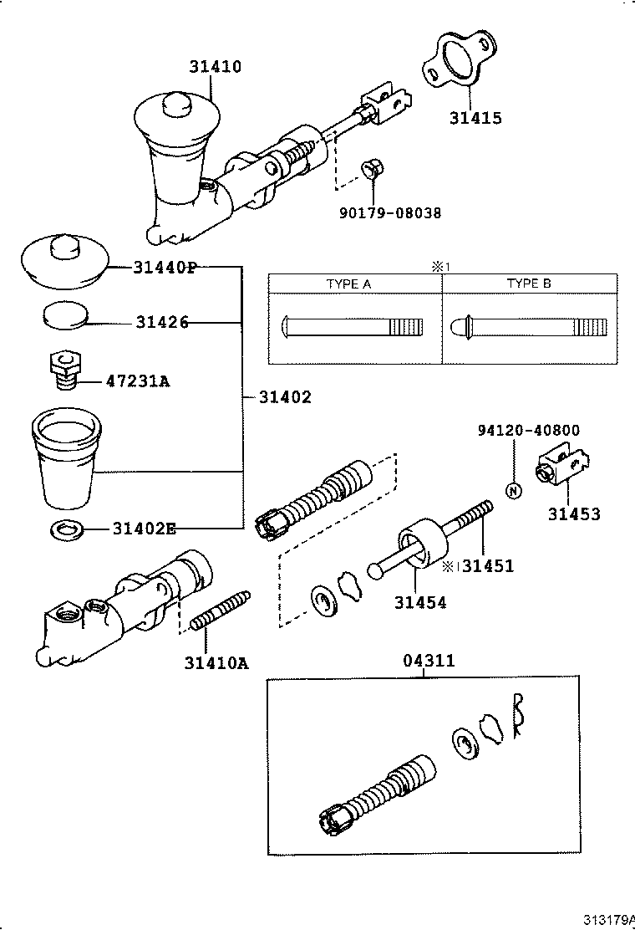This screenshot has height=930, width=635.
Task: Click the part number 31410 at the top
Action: point(215,67)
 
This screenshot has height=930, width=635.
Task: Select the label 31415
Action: point(475,118)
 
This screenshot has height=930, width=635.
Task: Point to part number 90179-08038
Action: point(389,213)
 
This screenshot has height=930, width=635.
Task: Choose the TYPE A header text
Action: point(348,284)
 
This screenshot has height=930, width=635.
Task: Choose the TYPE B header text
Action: point(529,284)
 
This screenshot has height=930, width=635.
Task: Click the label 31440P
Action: point(165,268)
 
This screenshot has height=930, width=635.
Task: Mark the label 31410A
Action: point(216,663)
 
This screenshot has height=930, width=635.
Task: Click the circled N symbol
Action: point(514,490)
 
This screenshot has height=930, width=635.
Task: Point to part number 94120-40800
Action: point(529,431)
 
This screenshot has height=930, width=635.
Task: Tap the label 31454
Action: point(420,601)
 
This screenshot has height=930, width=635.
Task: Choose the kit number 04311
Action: point(429,661)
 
